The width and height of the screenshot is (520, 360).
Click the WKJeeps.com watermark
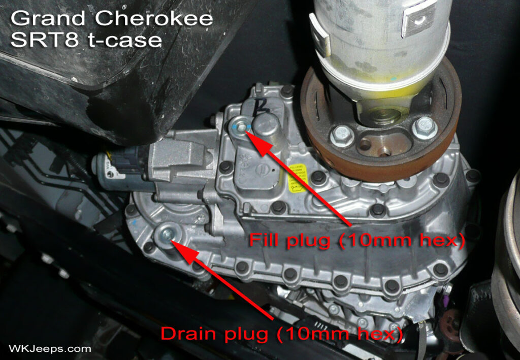tap(50, 349)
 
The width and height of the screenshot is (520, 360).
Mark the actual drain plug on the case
tap(166, 234)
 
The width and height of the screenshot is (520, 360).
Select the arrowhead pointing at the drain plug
tap(177, 245)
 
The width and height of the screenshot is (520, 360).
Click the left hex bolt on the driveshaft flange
tap(342, 136)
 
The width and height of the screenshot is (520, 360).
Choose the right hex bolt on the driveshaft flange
tap(424, 126)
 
